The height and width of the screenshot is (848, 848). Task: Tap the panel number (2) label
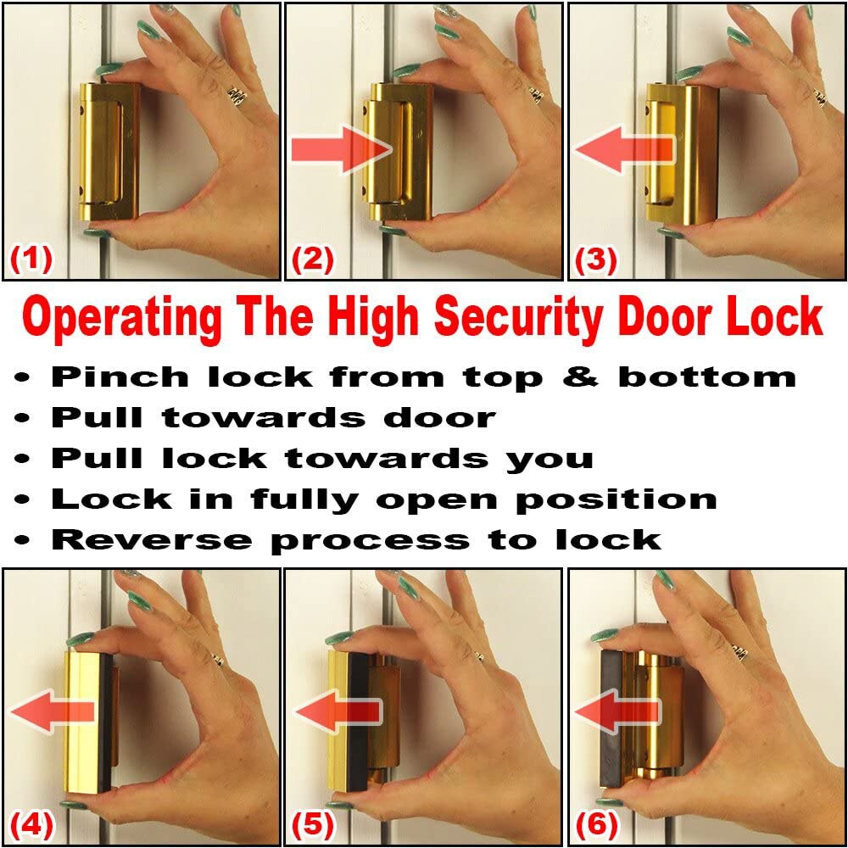313,259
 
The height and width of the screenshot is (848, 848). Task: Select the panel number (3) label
596,259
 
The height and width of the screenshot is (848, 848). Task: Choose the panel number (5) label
313,822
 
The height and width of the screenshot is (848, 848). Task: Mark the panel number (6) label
596,822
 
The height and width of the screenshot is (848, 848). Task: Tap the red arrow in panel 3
623,150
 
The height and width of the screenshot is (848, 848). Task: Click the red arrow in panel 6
616,711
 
